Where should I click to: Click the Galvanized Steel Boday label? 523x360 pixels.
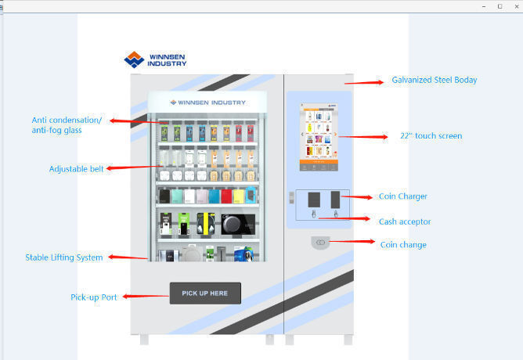[x=434, y=80]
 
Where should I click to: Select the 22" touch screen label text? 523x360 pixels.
[x=431, y=136]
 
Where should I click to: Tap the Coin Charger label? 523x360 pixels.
[x=403, y=197]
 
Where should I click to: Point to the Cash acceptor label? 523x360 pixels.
[x=405, y=221]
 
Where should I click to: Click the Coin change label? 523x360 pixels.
[x=403, y=245]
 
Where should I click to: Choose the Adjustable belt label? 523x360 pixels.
[x=76, y=168]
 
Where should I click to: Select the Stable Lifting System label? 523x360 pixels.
[x=64, y=257]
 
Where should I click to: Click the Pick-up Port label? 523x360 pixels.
[x=94, y=297]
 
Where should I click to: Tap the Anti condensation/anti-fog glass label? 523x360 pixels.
[x=67, y=125]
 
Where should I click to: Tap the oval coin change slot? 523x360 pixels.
[x=319, y=243]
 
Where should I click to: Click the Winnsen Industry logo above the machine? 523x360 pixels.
[x=155, y=59]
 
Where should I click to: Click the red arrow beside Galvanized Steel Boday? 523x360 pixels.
[x=362, y=81]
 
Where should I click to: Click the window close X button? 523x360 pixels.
[x=516, y=5]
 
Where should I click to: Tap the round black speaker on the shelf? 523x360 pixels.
[x=232, y=224]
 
